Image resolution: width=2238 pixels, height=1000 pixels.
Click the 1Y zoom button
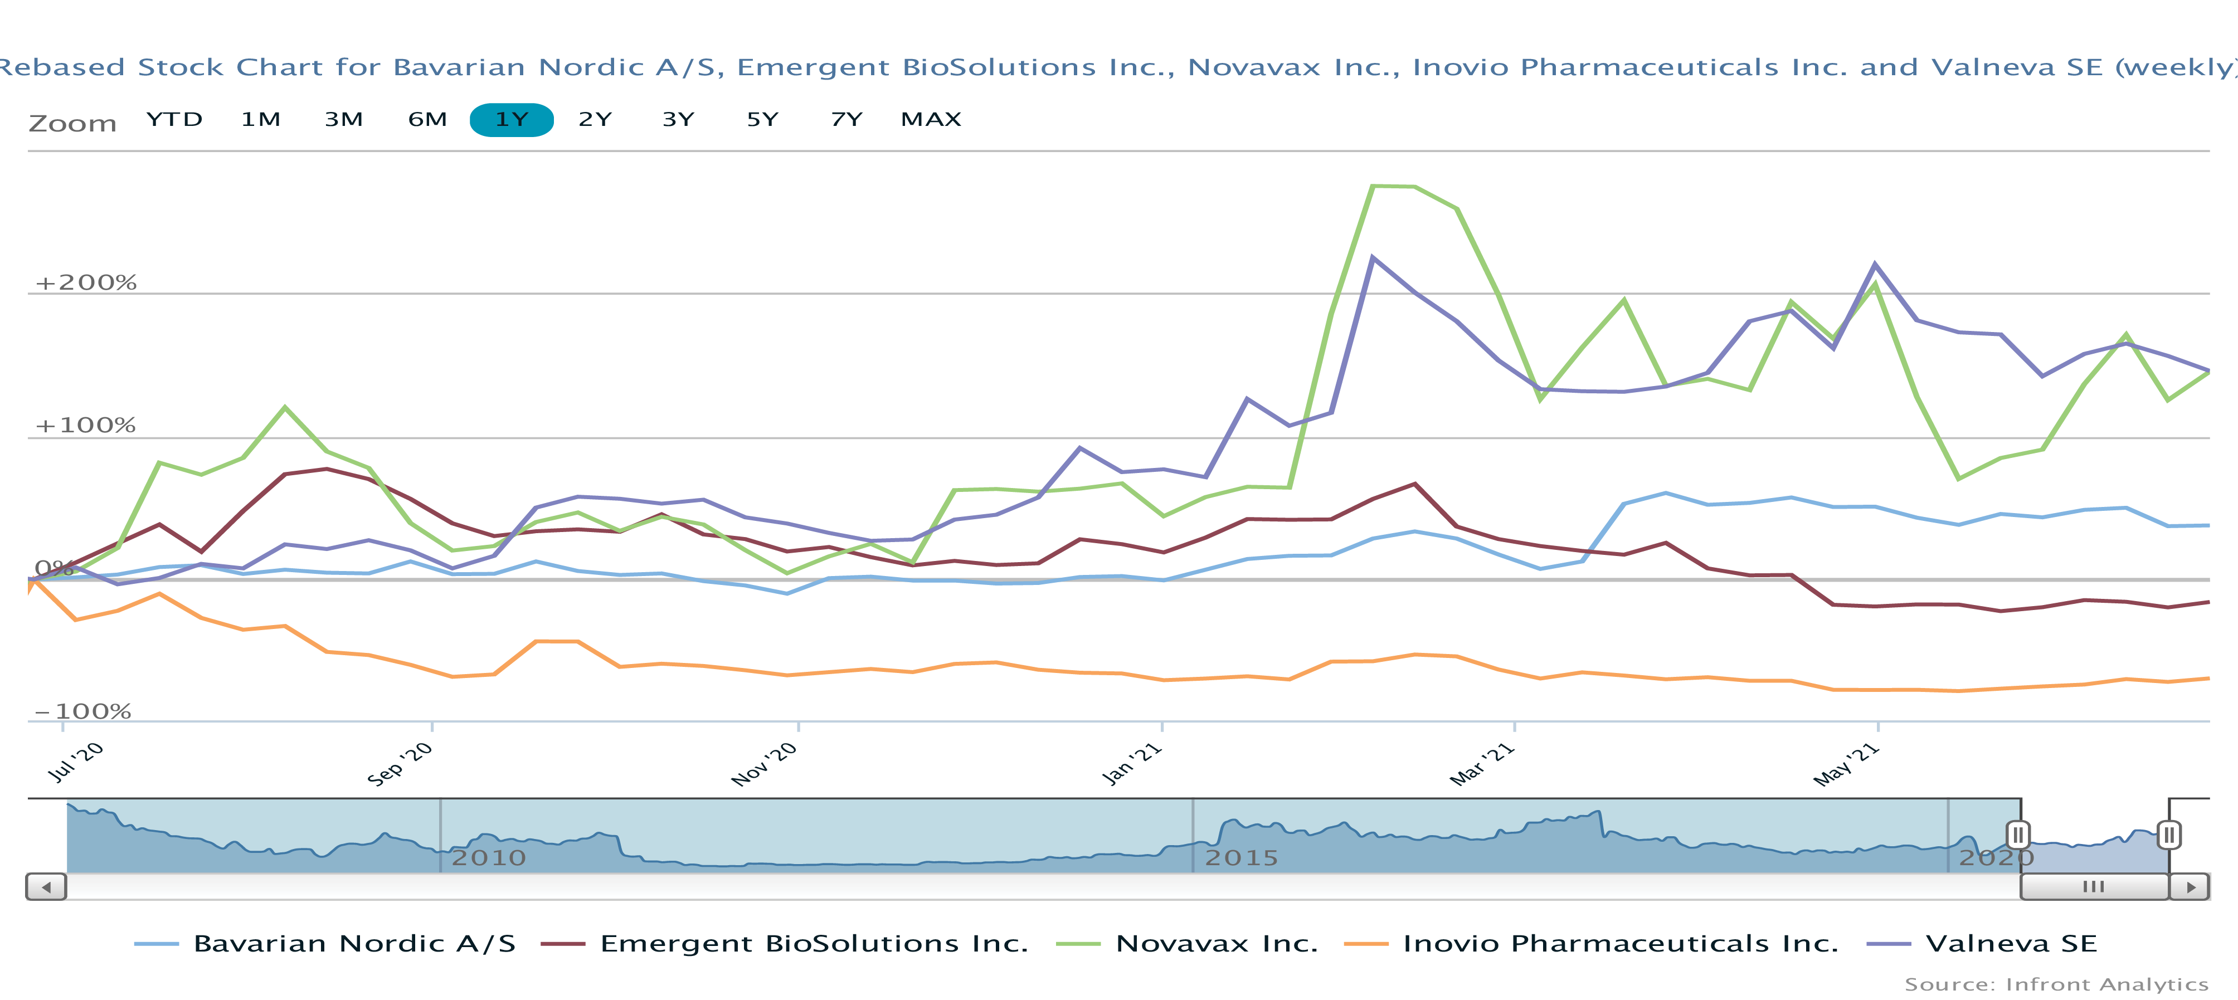point(511,120)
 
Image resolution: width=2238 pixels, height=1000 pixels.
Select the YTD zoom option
point(174,120)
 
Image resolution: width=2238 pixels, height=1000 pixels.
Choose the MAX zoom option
point(931,120)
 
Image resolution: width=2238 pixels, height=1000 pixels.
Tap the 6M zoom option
point(427,120)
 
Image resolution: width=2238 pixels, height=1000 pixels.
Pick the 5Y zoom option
point(762,120)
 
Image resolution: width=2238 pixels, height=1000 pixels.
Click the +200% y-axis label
point(86,282)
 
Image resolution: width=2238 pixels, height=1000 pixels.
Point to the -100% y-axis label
point(82,711)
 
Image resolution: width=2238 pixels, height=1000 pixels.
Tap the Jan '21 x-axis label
point(1131,764)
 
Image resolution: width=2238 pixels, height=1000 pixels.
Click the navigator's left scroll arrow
point(46,887)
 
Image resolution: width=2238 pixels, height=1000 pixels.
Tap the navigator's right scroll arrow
point(2190,887)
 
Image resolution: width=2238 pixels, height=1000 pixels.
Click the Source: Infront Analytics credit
point(2056,984)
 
